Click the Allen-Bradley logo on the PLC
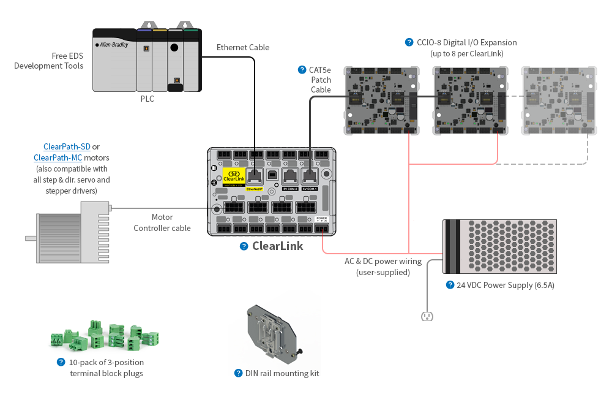(112, 45)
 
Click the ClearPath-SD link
(67, 146)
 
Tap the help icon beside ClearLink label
(244, 246)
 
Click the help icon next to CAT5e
(301, 70)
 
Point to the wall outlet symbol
(427, 316)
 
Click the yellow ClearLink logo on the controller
(233, 177)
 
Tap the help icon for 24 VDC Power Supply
(449, 285)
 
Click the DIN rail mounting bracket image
(270, 331)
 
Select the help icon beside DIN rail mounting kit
(239, 373)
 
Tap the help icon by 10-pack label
(61, 362)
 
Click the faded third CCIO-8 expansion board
(558, 101)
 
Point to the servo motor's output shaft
(31, 238)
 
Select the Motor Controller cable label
(162, 222)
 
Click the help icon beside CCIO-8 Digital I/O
(409, 42)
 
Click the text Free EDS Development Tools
(48, 60)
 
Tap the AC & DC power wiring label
(383, 267)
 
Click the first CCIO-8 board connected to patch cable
(382, 101)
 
